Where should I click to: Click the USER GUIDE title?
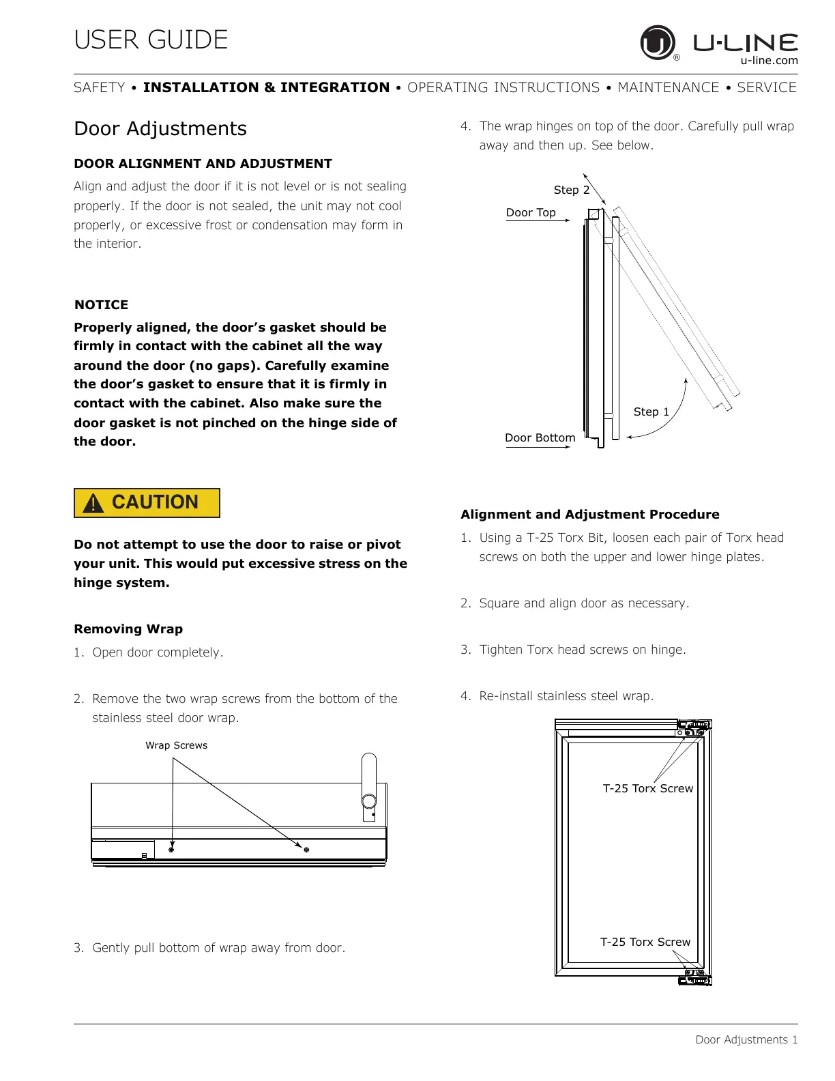[x=151, y=40]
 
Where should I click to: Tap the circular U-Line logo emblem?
[x=656, y=42]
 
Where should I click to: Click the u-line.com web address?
[x=769, y=61]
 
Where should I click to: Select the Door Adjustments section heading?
[x=160, y=129]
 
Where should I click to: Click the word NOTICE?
[x=101, y=305]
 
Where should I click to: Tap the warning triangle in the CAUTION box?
[x=93, y=504]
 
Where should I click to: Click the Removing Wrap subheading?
[x=128, y=629]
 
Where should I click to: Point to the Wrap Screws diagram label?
[x=176, y=745]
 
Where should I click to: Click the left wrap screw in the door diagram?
[x=171, y=850]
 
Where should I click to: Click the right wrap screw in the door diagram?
[x=306, y=850]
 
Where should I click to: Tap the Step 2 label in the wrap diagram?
[x=571, y=190]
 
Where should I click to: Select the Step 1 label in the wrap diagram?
[x=651, y=412]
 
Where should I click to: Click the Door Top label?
[x=531, y=213]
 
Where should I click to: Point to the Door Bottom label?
[x=540, y=438]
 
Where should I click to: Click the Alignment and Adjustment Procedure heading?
[x=590, y=515]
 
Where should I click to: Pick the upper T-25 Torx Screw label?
[x=647, y=789]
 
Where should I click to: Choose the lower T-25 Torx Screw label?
[x=645, y=942]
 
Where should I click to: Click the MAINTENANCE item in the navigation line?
[x=668, y=88]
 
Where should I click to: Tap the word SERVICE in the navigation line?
[x=766, y=88]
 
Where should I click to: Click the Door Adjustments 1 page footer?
[x=746, y=1040]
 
